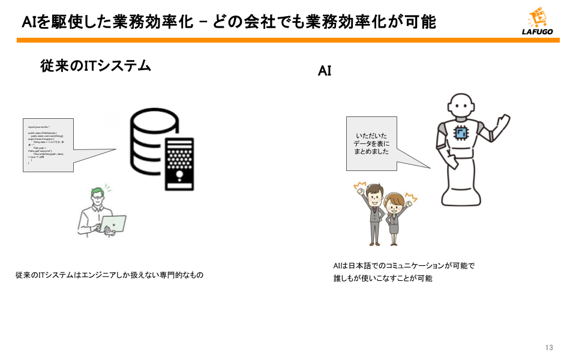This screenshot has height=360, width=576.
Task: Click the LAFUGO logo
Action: pos(537,23)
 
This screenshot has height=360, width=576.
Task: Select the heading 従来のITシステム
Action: pos(95,66)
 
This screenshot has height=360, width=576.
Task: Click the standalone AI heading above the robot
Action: pos(325,71)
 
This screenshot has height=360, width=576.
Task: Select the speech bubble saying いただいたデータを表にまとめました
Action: pos(371,144)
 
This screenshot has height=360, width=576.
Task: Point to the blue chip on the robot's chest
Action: pos(461,134)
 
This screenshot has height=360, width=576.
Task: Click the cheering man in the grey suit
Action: pos(373,213)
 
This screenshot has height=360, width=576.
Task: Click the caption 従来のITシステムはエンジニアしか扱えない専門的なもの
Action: pos(110,275)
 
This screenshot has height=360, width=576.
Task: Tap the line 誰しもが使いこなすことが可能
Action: pos(383,279)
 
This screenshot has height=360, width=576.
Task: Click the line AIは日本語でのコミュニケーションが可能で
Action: pos(404,265)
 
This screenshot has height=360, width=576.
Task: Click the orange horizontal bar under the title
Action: pos(288,40)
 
